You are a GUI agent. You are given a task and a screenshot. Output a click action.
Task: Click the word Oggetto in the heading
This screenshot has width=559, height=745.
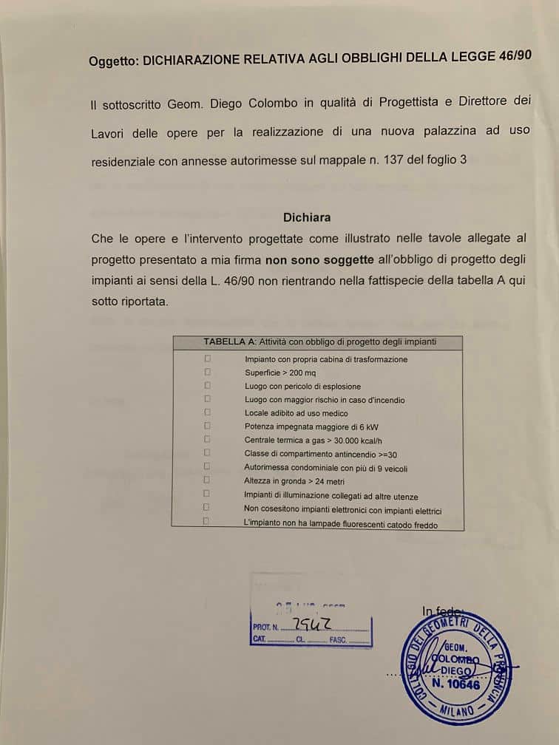(112, 62)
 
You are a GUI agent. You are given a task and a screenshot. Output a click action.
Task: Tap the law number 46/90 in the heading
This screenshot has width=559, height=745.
(513, 58)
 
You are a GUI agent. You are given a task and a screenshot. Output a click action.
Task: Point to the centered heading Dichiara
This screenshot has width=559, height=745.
(307, 217)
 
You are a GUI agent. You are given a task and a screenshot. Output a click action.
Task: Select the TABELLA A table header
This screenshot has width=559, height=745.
(319, 342)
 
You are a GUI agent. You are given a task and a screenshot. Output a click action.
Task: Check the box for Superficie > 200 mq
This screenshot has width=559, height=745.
(207, 372)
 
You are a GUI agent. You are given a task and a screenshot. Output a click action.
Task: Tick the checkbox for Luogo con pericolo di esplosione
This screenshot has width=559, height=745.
(207, 385)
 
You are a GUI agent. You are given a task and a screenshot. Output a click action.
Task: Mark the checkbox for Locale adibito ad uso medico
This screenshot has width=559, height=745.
(207, 412)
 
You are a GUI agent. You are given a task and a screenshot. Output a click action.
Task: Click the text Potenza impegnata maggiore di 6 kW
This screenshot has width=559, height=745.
(306, 426)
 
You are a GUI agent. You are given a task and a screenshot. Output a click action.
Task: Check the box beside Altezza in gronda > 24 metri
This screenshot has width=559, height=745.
(207, 480)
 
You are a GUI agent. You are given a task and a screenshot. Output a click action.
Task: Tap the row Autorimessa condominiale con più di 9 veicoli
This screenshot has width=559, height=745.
(325, 468)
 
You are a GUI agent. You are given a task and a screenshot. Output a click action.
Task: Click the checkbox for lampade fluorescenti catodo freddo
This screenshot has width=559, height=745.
(206, 521)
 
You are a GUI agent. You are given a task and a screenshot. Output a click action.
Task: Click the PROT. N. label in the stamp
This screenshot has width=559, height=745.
(265, 627)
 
